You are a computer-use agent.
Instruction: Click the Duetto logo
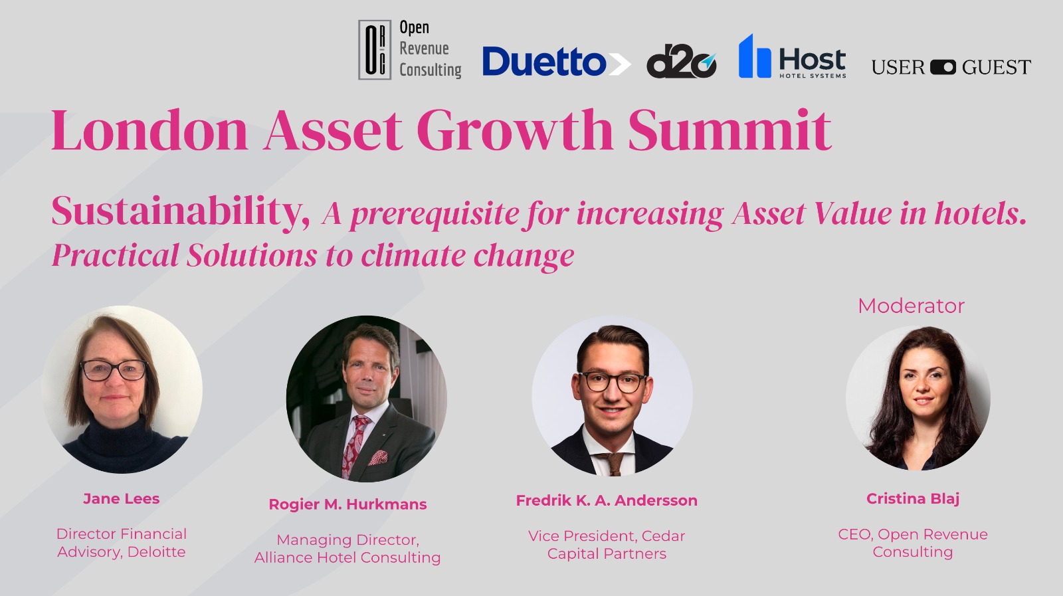[556, 62]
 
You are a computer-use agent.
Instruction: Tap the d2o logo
[682, 62]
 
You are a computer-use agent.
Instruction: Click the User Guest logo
[951, 67]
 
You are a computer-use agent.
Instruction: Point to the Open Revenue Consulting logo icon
[375, 49]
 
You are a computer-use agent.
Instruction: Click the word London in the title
[149, 130]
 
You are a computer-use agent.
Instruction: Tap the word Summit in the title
[729, 130]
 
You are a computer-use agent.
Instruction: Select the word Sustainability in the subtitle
[181, 212]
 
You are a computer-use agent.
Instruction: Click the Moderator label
[911, 306]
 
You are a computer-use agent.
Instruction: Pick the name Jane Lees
[122, 499]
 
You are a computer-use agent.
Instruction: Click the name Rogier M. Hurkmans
[348, 504]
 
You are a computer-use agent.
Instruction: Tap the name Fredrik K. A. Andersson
[607, 500]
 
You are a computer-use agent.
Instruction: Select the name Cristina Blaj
[913, 499]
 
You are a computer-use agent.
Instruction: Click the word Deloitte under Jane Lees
[156, 552]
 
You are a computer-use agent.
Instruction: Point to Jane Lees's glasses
[114, 370]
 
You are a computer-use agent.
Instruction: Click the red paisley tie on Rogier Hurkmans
[355, 446]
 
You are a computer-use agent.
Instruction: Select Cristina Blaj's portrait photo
[918, 397]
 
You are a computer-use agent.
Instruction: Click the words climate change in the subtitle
[467, 256]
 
